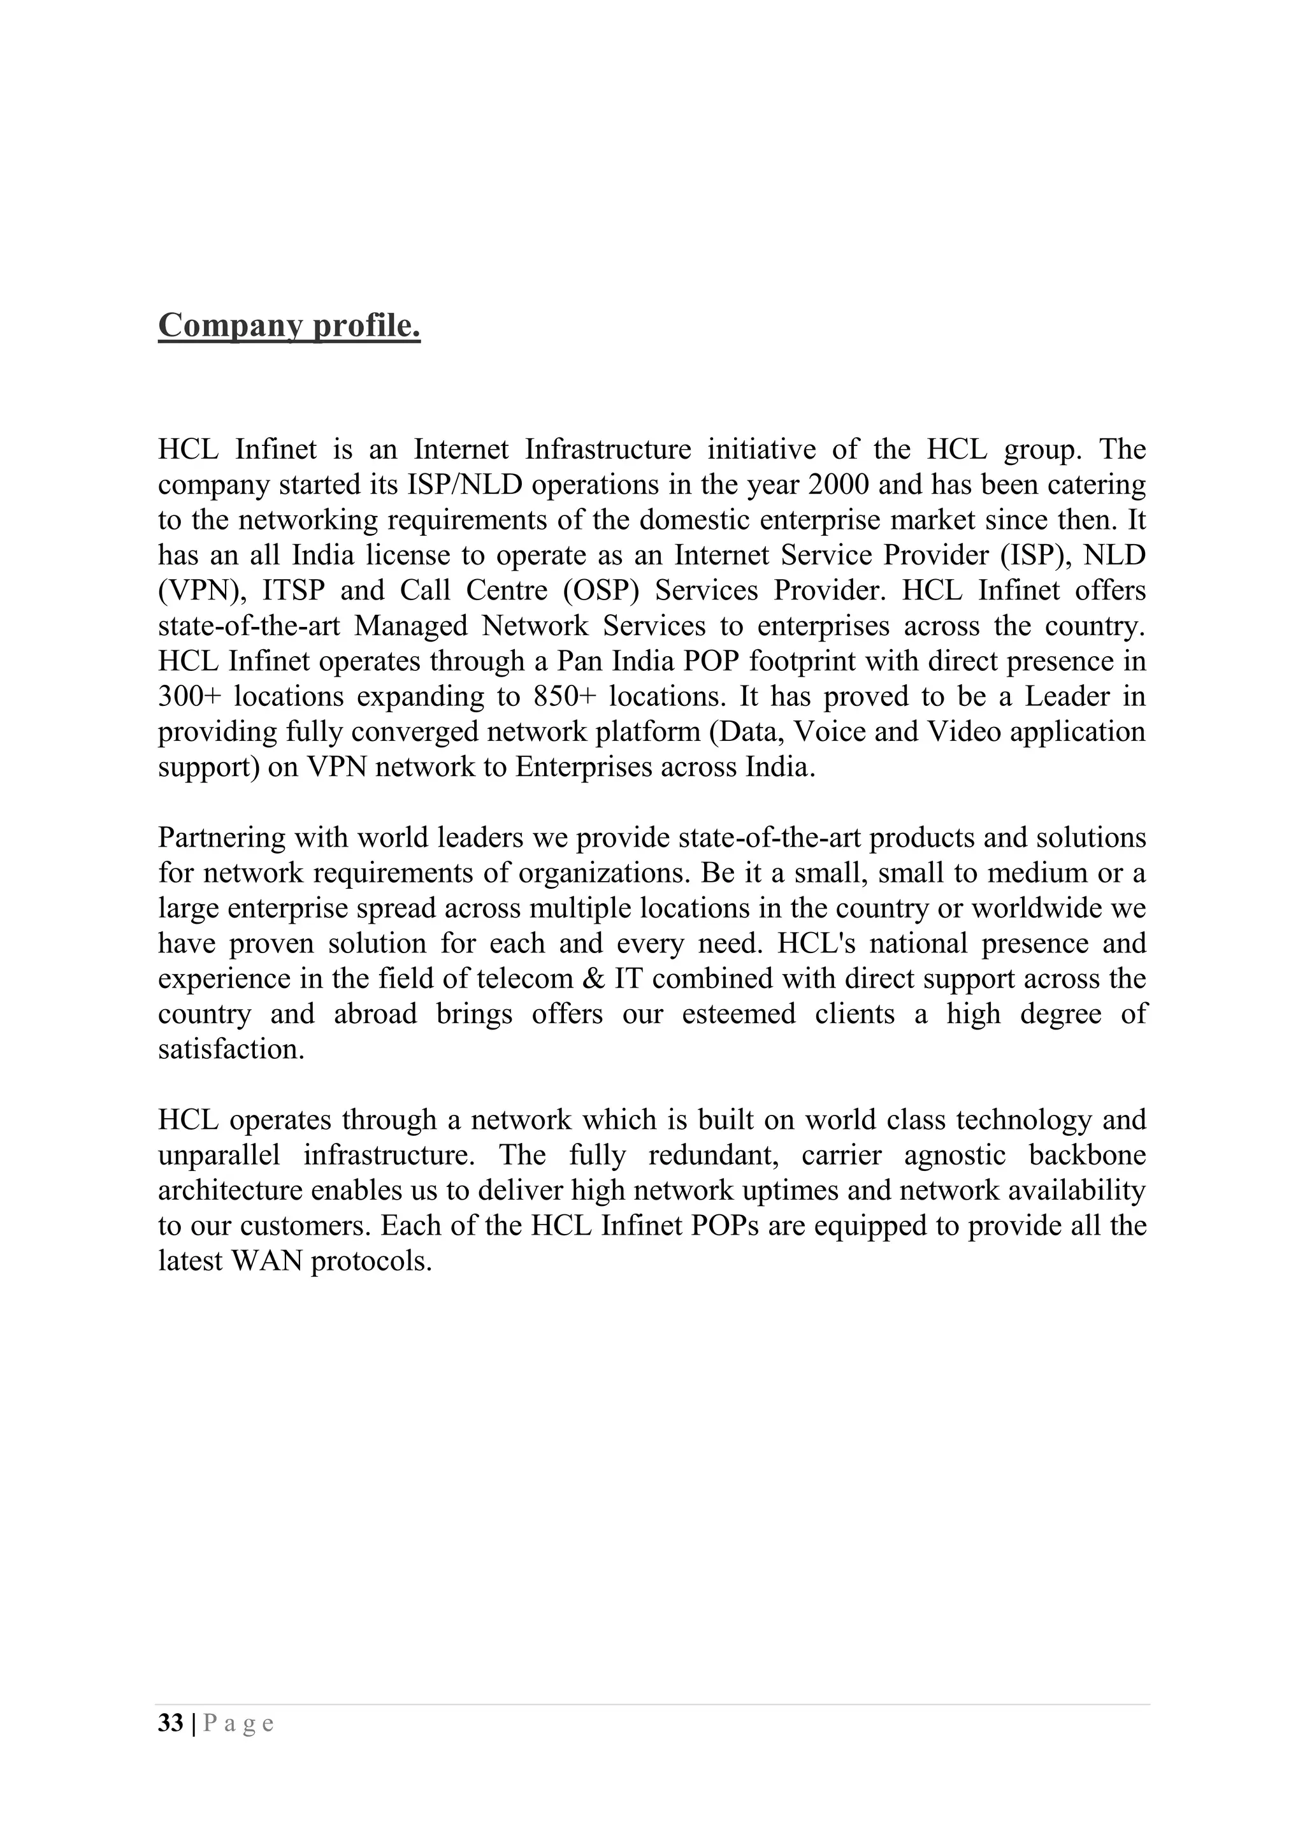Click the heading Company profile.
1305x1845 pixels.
(x=289, y=326)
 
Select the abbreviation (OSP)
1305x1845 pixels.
(x=600, y=591)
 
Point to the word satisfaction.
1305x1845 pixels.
(x=231, y=1049)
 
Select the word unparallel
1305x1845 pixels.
(x=219, y=1156)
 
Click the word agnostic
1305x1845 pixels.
(x=955, y=1156)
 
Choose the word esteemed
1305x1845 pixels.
(x=739, y=1014)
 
